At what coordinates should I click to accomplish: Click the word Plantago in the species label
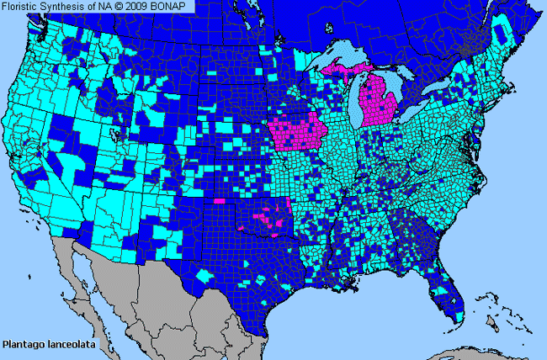click(23, 344)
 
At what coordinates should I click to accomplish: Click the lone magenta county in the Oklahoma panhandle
click(220, 202)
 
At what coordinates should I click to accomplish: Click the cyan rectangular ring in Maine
click(502, 34)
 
